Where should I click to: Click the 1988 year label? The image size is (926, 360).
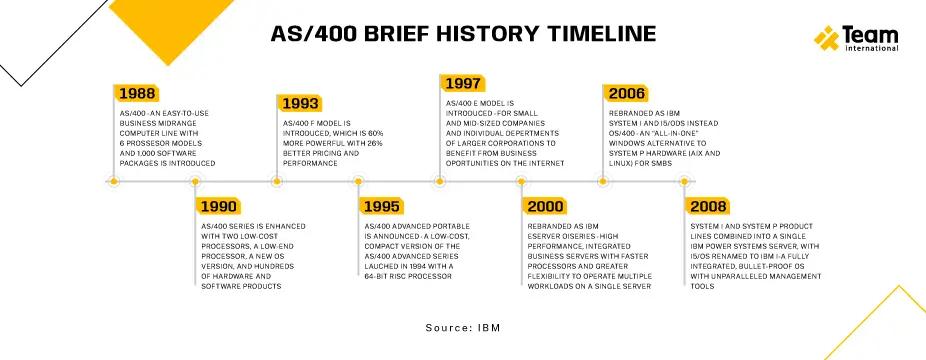click(x=137, y=94)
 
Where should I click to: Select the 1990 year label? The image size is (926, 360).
click(x=218, y=207)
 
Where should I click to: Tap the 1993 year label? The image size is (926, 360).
click(x=301, y=103)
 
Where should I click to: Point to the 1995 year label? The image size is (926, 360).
click(x=381, y=207)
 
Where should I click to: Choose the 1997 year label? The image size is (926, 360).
click(x=464, y=83)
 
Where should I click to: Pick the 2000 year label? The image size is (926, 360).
click(x=545, y=207)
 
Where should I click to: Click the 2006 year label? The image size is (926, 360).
click(x=627, y=94)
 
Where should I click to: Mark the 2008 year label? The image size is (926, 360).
click(x=709, y=207)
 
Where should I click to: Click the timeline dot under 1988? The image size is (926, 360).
click(x=113, y=182)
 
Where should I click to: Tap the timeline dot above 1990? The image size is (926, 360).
click(x=195, y=182)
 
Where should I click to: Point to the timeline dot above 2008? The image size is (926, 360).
click(x=684, y=182)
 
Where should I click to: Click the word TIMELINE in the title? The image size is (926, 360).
click(x=589, y=34)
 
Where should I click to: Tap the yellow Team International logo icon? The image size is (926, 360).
click(x=826, y=38)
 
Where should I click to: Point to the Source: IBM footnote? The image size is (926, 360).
click(x=462, y=327)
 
